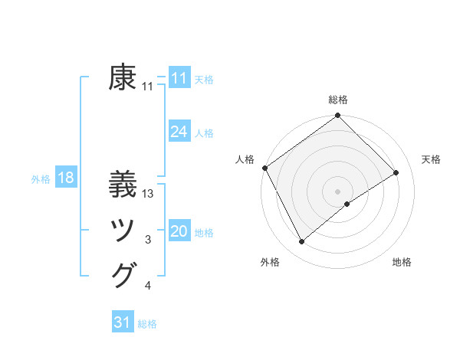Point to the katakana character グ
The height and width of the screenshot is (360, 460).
tap(123, 275)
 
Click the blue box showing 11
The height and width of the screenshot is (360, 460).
tap(179, 78)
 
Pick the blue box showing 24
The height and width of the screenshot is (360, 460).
tap(179, 132)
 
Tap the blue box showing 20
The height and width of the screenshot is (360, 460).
tap(179, 231)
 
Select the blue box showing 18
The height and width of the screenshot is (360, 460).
tap(65, 178)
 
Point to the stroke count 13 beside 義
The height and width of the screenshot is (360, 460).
tap(149, 194)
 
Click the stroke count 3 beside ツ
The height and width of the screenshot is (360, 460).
tap(148, 240)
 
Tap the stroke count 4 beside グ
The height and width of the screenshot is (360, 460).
tap(148, 286)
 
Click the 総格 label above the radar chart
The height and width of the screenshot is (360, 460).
tap(337, 100)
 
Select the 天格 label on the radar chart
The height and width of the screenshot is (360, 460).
tap(431, 159)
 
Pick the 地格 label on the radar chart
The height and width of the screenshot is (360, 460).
tap(402, 263)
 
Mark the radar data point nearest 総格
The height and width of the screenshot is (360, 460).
tap(337, 116)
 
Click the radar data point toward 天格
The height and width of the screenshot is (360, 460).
tap(396, 172)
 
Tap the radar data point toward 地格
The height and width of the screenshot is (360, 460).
tap(347, 204)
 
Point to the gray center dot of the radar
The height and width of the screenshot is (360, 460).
tap(337, 190)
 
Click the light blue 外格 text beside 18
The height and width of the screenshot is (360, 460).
tap(41, 179)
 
